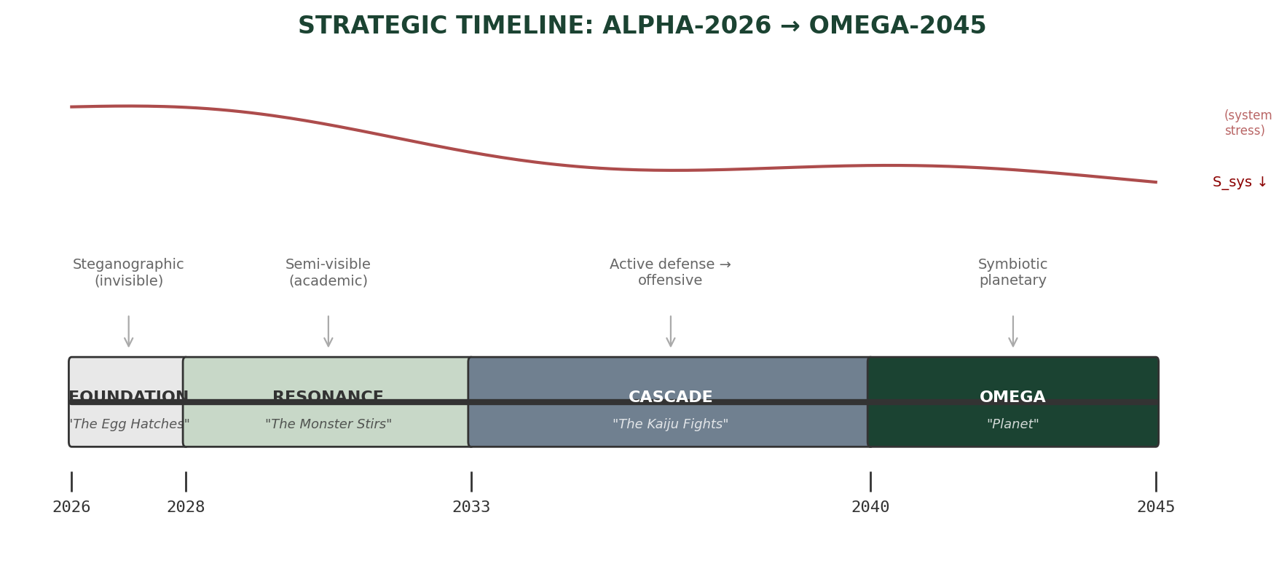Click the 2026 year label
71,507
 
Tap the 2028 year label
186,507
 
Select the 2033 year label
471,507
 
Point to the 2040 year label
870,507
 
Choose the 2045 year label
1156,507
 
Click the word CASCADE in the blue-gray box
670,397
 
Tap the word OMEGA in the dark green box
1012,397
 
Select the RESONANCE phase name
328,397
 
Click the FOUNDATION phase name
129,397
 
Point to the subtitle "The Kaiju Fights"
670,424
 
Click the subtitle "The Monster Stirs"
328,424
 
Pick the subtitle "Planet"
1012,424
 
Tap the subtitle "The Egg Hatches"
129,424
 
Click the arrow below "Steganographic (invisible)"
129,331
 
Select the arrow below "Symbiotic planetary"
1012,331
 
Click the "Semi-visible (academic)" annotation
328,272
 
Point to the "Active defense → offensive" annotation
670,272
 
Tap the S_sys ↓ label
1240,182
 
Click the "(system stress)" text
1247,123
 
